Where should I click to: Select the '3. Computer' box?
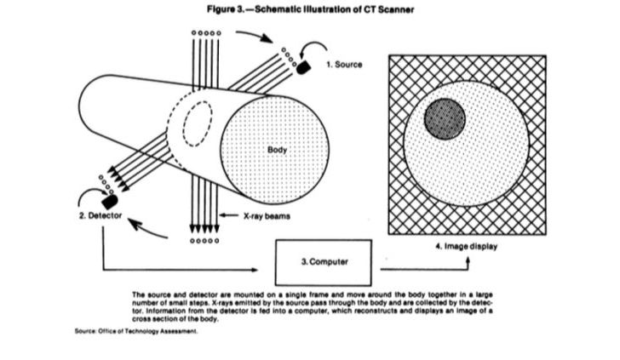pos(323,258)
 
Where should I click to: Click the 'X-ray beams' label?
pos(263,216)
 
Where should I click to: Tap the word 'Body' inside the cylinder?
pos(277,150)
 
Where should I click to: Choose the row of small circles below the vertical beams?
pos(207,239)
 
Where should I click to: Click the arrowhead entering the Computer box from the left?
pos(270,270)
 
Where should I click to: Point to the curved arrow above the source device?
pos(255,36)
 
